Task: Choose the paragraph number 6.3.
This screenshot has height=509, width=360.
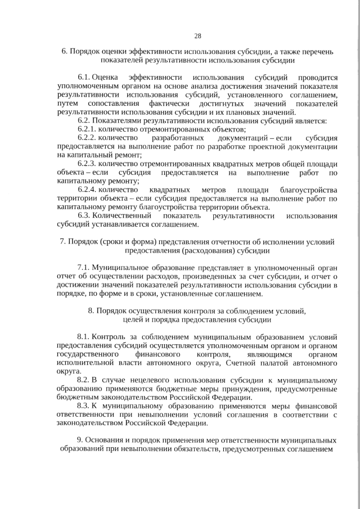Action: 84,216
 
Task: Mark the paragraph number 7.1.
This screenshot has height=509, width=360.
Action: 84,268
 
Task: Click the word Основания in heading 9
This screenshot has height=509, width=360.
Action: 103,440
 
